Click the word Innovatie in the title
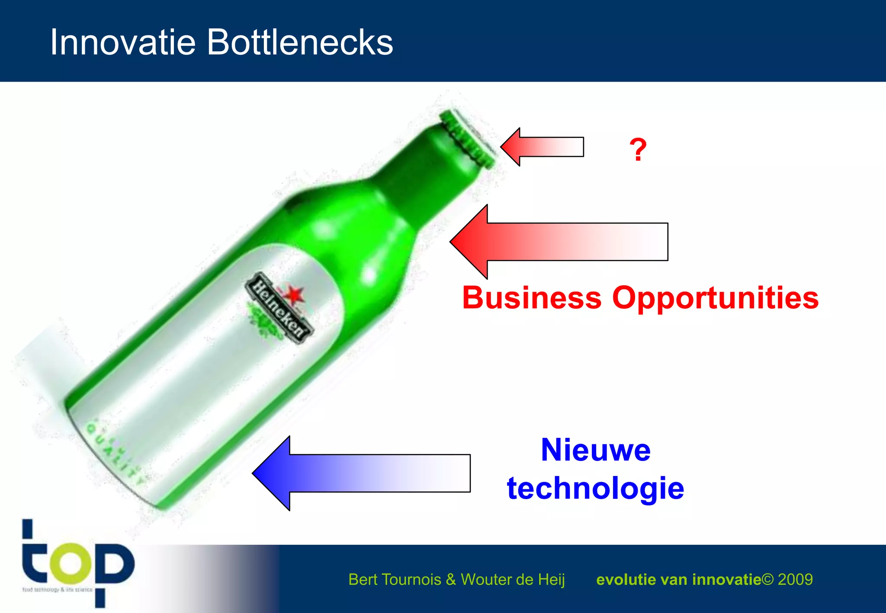click(x=123, y=42)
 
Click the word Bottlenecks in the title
click(x=300, y=42)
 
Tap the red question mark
click(x=638, y=150)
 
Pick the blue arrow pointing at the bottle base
click(x=361, y=473)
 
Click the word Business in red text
click(x=532, y=298)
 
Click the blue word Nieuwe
click(x=595, y=450)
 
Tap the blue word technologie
click(x=595, y=488)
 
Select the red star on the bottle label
click(x=295, y=295)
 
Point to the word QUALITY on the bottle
click(x=115, y=454)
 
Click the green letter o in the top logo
click(x=71, y=563)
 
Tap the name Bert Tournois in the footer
click(x=395, y=579)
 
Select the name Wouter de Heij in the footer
click(x=513, y=579)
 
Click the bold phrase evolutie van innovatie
click(x=678, y=579)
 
